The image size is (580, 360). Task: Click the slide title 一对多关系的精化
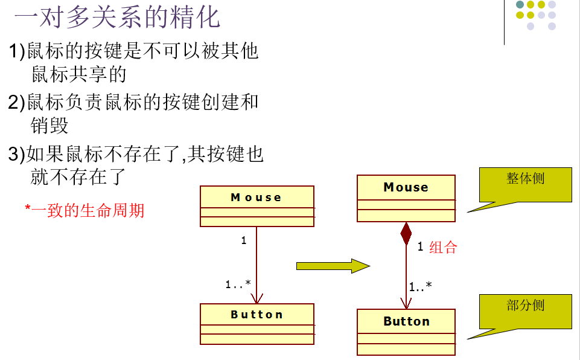pos(117,18)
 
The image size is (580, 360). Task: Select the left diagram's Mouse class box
pos(257,206)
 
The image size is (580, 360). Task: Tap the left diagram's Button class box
pos(257,324)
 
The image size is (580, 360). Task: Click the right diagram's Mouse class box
pos(406,199)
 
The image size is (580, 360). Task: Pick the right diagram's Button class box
pos(406,332)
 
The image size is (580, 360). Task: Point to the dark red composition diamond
pos(406,234)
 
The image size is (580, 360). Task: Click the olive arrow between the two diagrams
pos(333,266)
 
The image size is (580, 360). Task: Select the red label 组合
pos(443,247)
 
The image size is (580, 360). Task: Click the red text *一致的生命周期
pos(84,210)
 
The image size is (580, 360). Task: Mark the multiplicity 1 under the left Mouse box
pos(244,240)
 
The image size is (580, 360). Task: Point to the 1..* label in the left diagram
pos(238,284)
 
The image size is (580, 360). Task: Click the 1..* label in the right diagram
pos(420,287)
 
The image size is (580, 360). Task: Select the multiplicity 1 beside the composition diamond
pos(420,246)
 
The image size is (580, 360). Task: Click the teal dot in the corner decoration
pos(520,5)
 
